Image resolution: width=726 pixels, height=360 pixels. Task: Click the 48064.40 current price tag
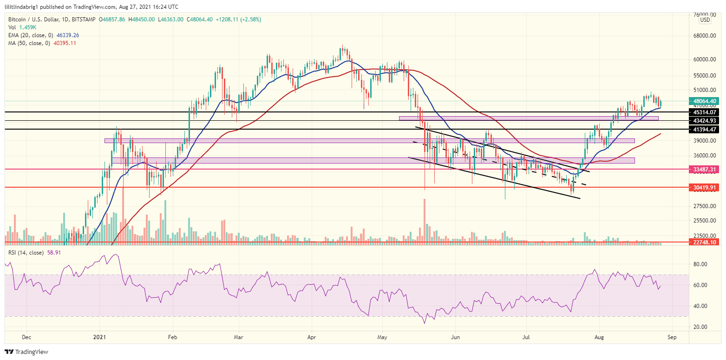point(705,101)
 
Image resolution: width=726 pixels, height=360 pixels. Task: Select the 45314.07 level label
point(705,112)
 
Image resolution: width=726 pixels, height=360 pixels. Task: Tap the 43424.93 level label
point(705,120)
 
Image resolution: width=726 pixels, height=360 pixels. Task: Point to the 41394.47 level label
point(705,129)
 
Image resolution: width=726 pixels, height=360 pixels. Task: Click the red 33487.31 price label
point(705,170)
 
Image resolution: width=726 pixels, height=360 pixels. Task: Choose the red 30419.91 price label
point(705,187)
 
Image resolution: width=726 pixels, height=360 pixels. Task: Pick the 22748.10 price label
point(705,242)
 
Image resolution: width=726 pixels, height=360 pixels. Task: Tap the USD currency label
point(705,20)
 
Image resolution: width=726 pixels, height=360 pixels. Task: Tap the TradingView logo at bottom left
point(26,352)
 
